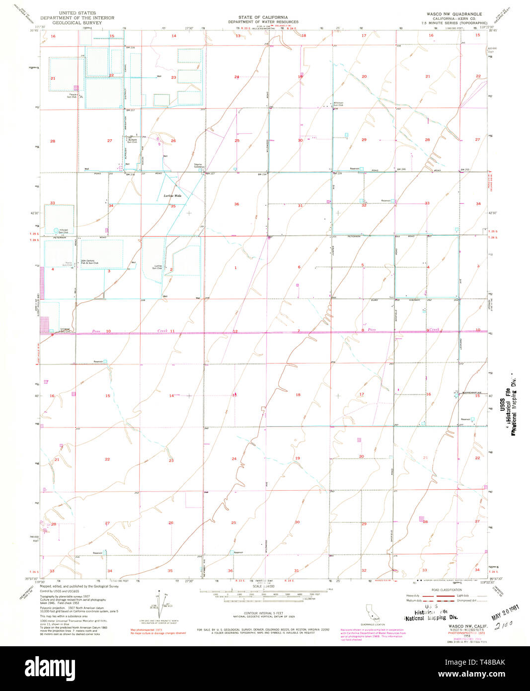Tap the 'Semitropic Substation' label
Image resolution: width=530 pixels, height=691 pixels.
click(200, 165)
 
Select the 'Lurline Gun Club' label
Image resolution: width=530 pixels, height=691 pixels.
click(157, 267)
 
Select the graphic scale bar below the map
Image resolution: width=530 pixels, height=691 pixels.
click(263, 595)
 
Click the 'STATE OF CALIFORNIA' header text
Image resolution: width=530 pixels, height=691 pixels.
click(263, 17)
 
